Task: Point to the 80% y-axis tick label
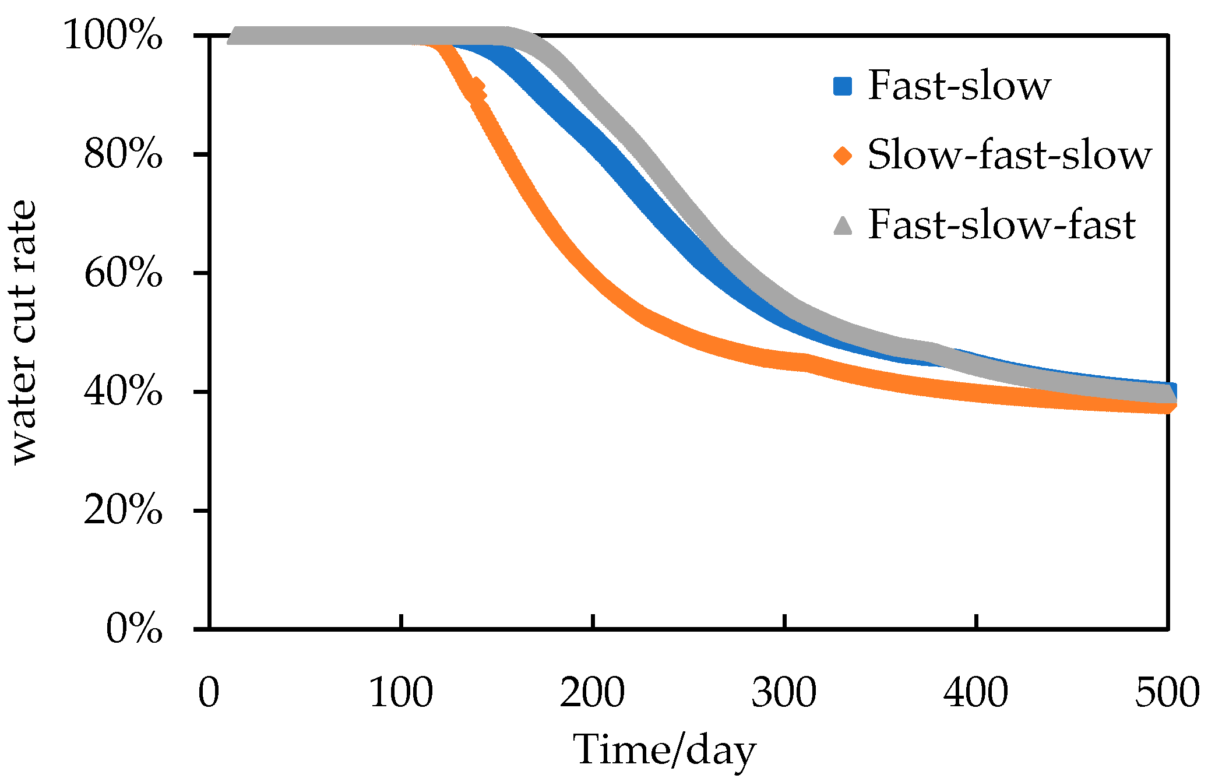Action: click(123, 154)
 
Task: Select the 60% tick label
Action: click(123, 273)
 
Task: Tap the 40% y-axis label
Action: click(123, 392)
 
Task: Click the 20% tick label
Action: click(123, 510)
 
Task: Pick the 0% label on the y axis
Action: click(134, 629)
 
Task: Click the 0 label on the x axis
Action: click(209, 693)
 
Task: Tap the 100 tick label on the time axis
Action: click(401, 693)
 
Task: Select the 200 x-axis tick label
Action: click(593, 693)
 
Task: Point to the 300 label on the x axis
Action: click(784, 693)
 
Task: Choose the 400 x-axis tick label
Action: click(976, 693)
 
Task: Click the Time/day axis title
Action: click(665, 750)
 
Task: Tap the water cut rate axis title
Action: click(24, 332)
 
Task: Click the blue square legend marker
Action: click(843, 86)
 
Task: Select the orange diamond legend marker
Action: click(843, 156)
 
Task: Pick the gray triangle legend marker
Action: click(843, 226)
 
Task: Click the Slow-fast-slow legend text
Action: click(1009, 156)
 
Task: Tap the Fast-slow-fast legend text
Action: click(1002, 226)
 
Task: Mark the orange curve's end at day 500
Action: click(1167, 407)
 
